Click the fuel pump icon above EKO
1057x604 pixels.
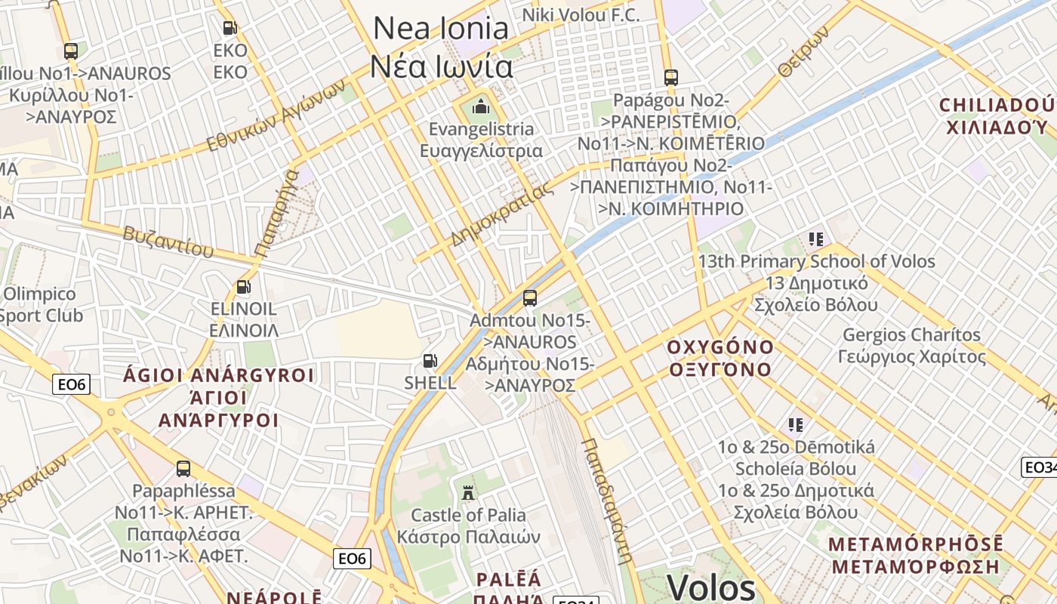pos(230,28)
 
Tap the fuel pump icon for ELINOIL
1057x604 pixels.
pos(243,287)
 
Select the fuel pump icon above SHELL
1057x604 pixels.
pos(430,361)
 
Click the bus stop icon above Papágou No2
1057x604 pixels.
pos(670,77)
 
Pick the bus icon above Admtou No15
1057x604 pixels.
pos(530,297)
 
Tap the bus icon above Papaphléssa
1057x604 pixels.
pos(183,468)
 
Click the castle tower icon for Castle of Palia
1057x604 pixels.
pos(468,492)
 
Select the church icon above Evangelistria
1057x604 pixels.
pos(480,106)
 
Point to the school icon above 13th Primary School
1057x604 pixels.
pos(815,239)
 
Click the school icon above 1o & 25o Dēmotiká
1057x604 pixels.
pos(795,424)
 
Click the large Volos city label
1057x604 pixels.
pos(711,587)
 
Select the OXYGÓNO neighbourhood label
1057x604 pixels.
pos(720,358)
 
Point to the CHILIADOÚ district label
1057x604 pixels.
pos(997,116)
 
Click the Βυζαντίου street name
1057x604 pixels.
pos(168,241)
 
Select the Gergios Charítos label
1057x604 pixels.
pos(911,345)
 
